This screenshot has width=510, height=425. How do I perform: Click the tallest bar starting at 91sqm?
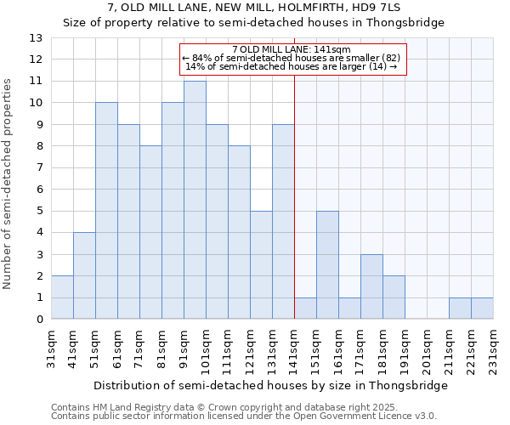click(x=195, y=201)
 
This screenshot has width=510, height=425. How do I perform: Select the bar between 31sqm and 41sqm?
click(x=62, y=297)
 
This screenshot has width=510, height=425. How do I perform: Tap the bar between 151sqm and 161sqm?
click(x=327, y=265)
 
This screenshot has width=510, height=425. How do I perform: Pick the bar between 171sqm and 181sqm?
click(x=371, y=286)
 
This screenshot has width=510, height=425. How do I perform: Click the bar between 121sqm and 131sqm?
click(x=261, y=265)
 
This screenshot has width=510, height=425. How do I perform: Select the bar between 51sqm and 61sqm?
click(x=106, y=211)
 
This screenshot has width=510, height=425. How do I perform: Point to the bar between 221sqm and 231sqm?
click(x=482, y=309)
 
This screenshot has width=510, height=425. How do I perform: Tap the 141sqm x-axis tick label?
click(x=294, y=348)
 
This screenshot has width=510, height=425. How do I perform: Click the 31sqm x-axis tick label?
click(x=51, y=348)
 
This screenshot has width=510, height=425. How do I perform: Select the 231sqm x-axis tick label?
click(x=493, y=348)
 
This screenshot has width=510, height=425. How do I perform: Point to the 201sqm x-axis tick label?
click(x=427, y=348)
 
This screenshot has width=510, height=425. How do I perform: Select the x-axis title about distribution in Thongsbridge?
click(x=270, y=385)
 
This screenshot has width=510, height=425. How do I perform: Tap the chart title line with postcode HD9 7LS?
click(x=253, y=7)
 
